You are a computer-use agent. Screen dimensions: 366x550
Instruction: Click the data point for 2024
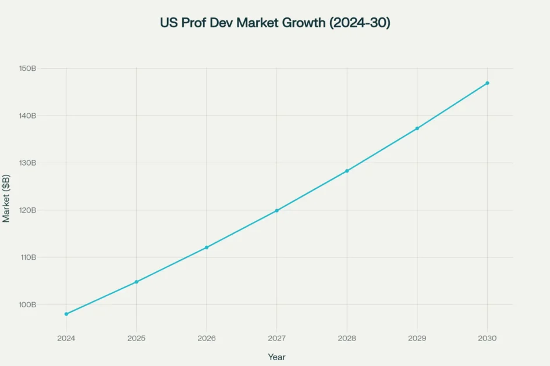[x=66, y=314]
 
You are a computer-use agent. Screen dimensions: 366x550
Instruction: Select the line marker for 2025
[x=136, y=282]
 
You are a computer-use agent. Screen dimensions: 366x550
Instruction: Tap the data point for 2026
[x=207, y=247]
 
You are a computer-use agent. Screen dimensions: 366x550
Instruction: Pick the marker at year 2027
[x=276, y=210]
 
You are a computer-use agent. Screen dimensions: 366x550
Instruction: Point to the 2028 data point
[x=347, y=171]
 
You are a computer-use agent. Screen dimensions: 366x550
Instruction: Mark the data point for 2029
[x=417, y=128]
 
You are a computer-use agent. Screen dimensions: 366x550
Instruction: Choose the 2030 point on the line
[x=487, y=83]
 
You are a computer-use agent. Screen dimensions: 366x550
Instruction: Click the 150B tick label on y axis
[x=27, y=69]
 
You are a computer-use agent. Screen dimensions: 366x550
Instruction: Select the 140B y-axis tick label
[x=27, y=116]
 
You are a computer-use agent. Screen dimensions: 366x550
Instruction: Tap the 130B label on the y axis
[x=27, y=163]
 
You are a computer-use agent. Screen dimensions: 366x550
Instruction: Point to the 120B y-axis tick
[x=27, y=210]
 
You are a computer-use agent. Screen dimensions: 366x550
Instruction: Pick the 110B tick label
[x=27, y=257]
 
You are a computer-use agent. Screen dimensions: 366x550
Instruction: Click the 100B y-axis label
[x=27, y=304]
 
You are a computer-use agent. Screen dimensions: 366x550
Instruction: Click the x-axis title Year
[x=276, y=357]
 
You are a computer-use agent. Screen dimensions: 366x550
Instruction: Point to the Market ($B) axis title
[x=6, y=198]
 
